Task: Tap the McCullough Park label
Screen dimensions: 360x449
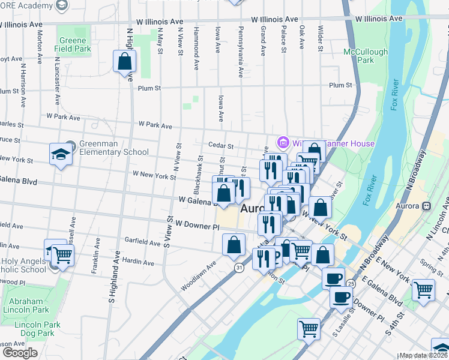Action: pos(366,56)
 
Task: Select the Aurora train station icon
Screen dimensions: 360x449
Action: pos(427,206)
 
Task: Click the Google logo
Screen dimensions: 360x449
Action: pos(19,352)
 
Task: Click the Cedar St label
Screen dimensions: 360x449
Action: pos(220,145)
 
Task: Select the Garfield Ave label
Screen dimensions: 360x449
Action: pos(143,242)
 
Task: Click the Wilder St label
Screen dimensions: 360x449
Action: pos(321,37)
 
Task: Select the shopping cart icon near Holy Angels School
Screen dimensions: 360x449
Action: pos(62,255)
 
